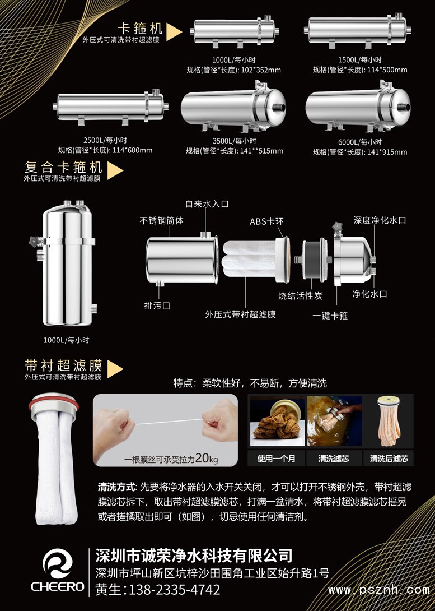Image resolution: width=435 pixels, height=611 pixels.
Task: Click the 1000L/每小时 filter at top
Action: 234,31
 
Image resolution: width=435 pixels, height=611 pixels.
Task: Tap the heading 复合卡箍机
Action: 63,167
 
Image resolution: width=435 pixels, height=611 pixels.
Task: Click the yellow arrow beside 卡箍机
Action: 174,32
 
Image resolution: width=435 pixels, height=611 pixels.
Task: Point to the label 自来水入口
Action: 207,204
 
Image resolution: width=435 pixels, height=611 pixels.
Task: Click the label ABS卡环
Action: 266,221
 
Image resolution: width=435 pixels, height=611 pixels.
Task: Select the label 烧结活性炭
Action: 301,296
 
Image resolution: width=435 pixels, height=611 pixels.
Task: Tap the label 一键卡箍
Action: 330,316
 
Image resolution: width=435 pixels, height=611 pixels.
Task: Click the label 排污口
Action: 157,305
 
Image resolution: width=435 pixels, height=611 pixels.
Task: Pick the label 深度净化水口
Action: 380,220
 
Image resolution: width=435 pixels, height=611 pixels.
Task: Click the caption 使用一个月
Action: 276,459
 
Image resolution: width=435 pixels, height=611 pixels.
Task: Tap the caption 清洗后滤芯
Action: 389,459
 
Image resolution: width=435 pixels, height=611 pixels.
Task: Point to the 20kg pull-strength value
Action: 207,459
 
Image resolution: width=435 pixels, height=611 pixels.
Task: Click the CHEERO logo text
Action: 58,586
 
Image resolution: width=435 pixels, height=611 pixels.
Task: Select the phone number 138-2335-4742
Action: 174,589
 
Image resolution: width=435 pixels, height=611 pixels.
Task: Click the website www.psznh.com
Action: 378,590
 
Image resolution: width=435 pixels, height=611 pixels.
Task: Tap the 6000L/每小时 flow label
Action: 360,142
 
